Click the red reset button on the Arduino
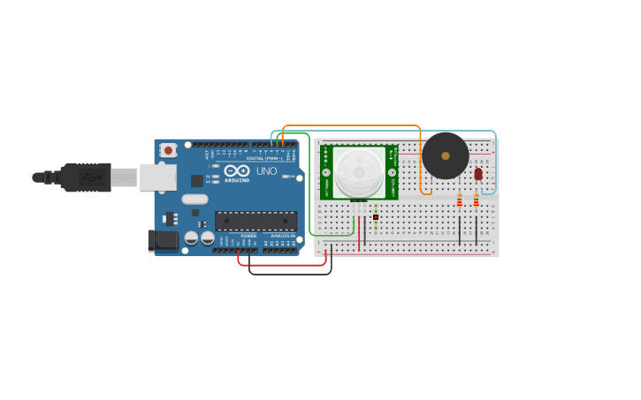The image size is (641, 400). click(168, 150)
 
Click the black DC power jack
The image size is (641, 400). click(164, 239)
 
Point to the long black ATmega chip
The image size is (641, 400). click(256, 221)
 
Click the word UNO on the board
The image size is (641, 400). click(266, 170)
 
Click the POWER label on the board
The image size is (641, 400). click(248, 236)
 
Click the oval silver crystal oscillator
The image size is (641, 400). click(195, 199)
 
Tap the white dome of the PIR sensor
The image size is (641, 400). click(359, 171)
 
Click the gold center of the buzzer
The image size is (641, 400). click(445, 155)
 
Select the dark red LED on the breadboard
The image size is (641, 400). click(478, 174)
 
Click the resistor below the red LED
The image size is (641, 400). click(476, 201)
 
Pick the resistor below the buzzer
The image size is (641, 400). click(459, 201)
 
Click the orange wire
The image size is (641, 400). click(354, 126)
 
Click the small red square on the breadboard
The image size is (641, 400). click(376, 216)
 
